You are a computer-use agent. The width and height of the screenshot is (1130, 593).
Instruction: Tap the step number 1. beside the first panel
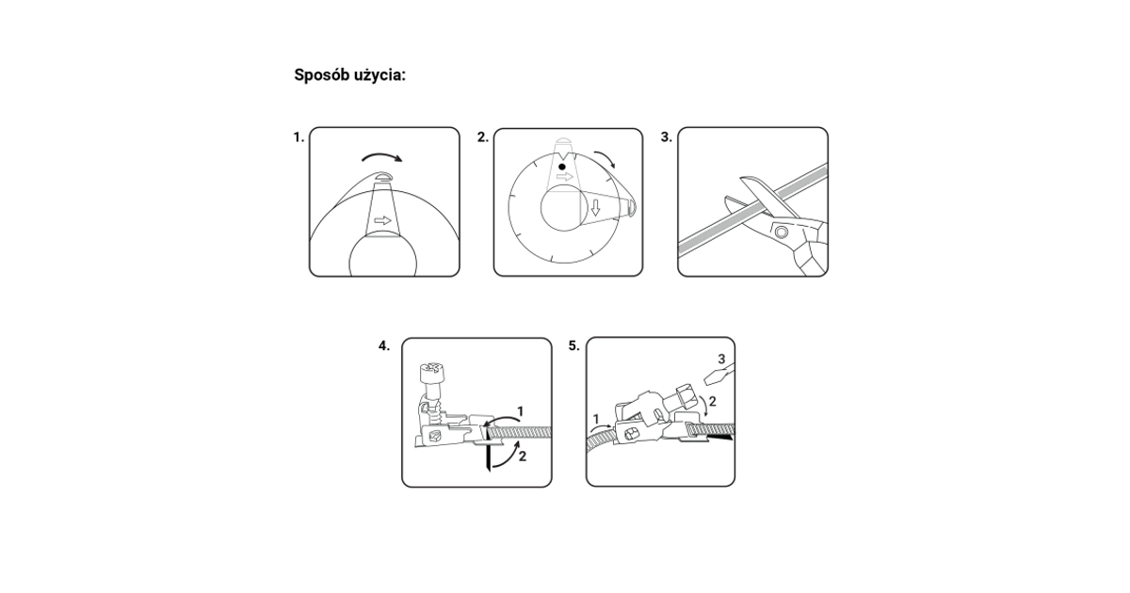(299, 137)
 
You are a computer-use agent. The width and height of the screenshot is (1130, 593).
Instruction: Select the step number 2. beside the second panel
(483, 137)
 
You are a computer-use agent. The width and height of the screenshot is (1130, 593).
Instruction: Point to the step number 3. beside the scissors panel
(667, 137)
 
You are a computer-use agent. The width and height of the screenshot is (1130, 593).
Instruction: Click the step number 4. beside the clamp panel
(384, 346)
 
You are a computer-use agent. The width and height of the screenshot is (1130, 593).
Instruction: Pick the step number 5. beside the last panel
(574, 346)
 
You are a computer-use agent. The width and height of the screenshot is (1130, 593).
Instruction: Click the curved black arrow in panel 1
(382, 157)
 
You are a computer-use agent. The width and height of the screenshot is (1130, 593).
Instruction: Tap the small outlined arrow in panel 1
(383, 220)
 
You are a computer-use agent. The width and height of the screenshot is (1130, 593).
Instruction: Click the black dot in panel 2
(562, 167)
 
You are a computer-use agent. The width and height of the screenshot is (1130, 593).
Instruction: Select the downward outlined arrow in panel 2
(596, 207)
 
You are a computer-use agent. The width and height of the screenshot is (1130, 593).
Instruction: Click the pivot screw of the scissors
(782, 232)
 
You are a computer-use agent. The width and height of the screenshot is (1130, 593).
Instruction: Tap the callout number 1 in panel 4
(520, 412)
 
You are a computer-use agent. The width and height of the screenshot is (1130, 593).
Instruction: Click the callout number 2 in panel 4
(522, 457)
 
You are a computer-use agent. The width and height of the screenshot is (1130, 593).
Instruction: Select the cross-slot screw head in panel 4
(430, 372)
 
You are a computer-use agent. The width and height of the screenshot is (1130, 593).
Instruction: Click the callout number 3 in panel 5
(721, 359)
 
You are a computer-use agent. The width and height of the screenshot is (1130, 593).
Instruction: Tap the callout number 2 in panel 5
(712, 401)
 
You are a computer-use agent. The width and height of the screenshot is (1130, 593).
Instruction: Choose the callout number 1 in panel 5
(596, 419)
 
